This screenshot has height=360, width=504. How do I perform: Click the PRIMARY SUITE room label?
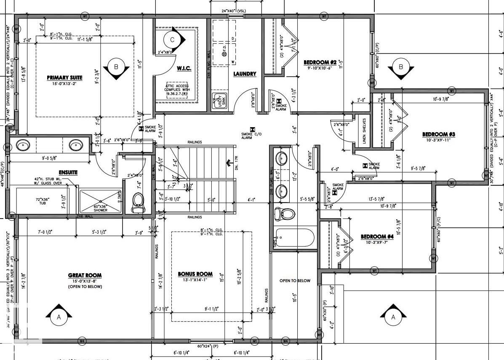(x=64, y=77)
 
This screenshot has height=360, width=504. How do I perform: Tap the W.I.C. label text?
(x=184, y=68)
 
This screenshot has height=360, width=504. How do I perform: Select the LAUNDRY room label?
(x=245, y=74)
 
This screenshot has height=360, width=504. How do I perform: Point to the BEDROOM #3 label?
(x=438, y=134)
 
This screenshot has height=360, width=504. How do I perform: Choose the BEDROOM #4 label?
(x=377, y=237)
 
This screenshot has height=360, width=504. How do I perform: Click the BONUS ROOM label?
(x=195, y=274)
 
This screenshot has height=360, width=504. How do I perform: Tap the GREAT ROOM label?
(x=85, y=275)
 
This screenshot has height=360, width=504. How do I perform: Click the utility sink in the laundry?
(x=219, y=101)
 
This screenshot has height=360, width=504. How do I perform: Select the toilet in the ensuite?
(x=138, y=203)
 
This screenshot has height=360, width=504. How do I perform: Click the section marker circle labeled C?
(x=172, y=40)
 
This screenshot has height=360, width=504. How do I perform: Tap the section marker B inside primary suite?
(x=116, y=67)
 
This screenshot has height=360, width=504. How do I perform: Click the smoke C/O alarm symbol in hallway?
(x=252, y=130)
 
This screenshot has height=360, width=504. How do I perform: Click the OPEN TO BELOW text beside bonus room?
(x=295, y=280)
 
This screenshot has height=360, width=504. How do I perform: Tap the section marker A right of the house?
(x=393, y=317)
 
